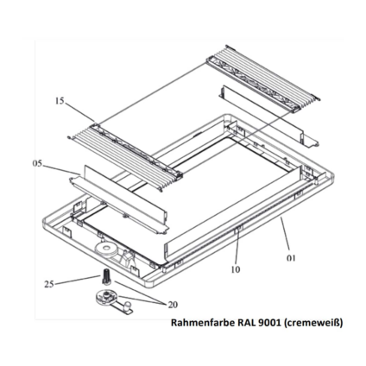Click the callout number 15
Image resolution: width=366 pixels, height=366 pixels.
click(x=60, y=101)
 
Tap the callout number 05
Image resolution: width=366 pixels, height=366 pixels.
click(x=37, y=163)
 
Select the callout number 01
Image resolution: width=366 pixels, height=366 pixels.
click(x=291, y=258)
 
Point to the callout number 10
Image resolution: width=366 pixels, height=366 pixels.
click(x=236, y=269)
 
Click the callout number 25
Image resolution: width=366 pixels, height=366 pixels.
click(x=49, y=284)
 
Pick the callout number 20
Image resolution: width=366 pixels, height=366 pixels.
click(x=173, y=305)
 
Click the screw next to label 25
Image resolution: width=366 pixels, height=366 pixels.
click(x=106, y=275)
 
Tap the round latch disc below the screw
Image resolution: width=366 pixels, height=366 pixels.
click(x=106, y=297)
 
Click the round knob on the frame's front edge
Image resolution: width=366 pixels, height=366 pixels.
click(x=106, y=248)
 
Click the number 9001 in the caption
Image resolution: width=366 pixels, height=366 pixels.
click(x=267, y=323)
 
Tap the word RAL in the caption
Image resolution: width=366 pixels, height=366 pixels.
click(x=246, y=323)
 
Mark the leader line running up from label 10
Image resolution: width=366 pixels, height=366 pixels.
click(x=237, y=247)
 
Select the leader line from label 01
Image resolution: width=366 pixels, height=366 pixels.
click(x=285, y=236)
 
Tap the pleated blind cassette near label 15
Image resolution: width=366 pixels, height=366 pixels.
click(x=125, y=155)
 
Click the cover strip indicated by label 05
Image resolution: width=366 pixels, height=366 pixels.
click(x=118, y=199)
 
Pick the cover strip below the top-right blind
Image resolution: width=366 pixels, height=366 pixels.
click(x=268, y=117)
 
